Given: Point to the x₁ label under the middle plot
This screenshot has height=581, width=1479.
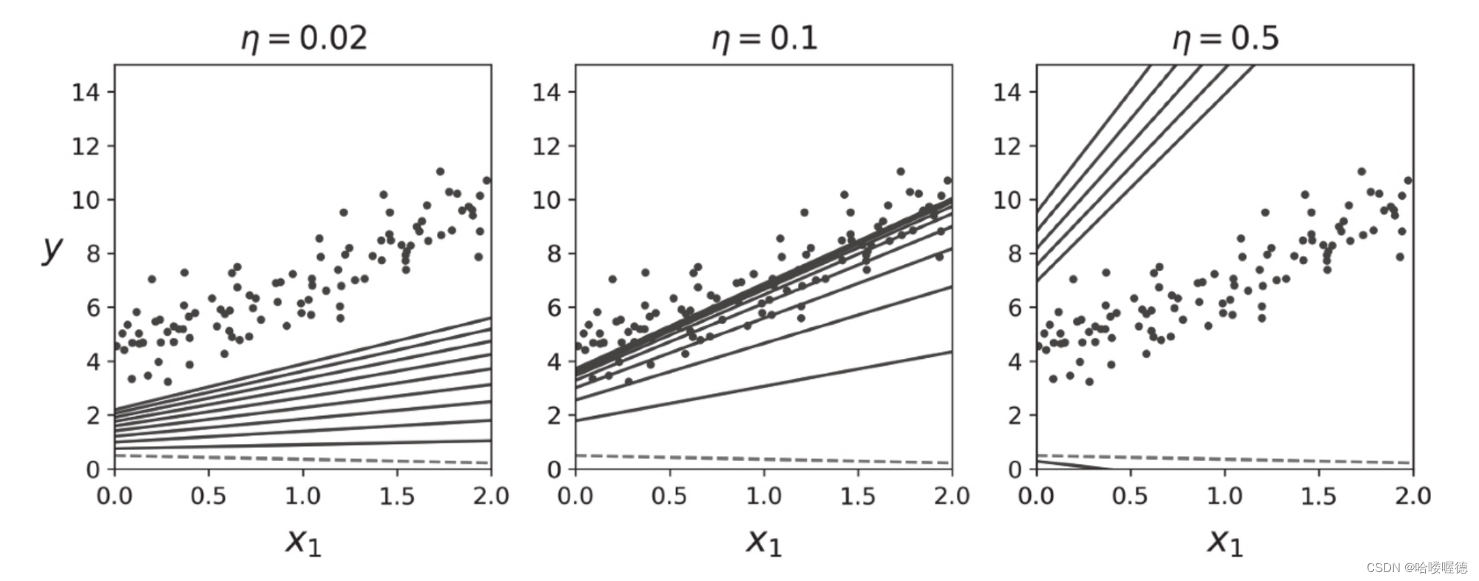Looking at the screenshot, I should (764, 542).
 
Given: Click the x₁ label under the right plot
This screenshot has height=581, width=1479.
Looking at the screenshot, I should (1225, 542).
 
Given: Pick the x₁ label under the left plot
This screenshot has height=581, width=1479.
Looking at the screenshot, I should (303, 542).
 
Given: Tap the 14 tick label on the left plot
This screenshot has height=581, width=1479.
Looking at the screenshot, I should (86, 93).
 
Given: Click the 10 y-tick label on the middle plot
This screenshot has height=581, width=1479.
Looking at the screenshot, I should (547, 200).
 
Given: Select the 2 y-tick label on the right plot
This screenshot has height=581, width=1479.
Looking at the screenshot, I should (1015, 416).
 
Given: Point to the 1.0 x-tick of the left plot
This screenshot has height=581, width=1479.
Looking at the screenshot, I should (303, 496).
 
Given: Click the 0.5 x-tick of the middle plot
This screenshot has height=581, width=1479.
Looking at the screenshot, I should (669, 496).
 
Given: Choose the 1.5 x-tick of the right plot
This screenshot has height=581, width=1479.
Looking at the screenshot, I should (1319, 496).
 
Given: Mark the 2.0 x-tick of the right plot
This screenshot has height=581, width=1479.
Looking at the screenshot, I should (1412, 496).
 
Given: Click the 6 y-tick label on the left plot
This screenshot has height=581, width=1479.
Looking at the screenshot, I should (93, 308).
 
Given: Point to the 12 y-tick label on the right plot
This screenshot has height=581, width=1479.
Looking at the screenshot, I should (1007, 147).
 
